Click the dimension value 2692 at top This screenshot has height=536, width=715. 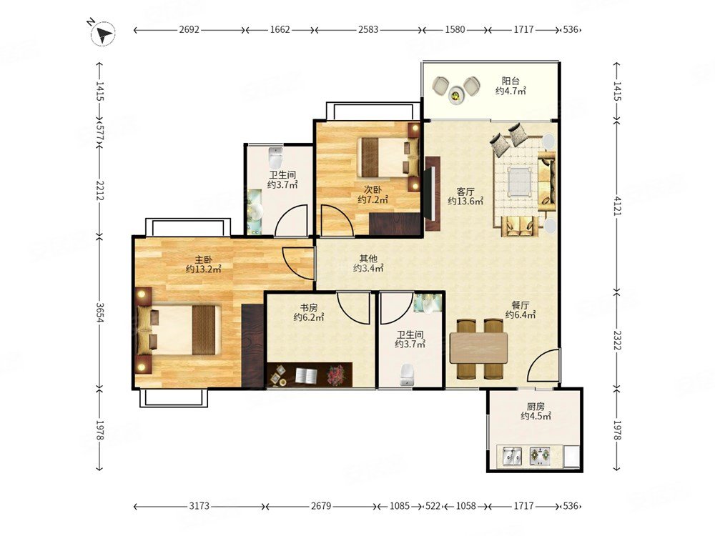coord(189,29)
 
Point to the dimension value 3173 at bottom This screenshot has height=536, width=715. coord(199,506)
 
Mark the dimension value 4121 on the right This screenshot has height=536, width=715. coord(618,206)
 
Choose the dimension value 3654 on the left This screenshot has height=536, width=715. coord(100,312)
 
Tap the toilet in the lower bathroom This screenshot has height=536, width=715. coord(406,374)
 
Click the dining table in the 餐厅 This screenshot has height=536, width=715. coord(478,348)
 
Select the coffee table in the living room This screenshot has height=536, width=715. coord(519,181)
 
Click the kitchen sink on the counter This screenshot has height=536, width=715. coord(512,456)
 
